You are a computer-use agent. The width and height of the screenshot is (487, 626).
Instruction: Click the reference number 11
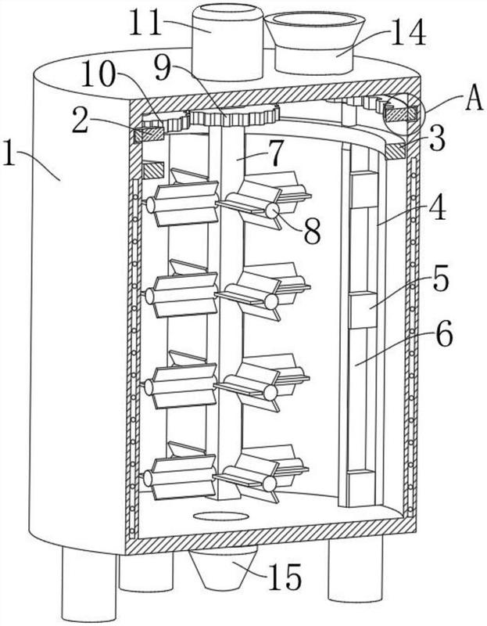(x=145, y=23)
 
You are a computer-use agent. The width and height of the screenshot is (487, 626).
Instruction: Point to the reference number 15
(x=285, y=577)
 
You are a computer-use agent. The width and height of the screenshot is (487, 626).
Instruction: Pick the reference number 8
(x=312, y=231)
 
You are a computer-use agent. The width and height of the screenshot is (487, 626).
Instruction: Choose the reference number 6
(x=443, y=334)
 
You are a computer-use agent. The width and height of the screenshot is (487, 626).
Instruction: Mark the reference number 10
(x=98, y=74)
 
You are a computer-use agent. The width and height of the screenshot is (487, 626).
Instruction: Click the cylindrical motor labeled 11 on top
(x=227, y=41)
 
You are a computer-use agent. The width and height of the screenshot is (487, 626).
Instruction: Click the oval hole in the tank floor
(x=221, y=516)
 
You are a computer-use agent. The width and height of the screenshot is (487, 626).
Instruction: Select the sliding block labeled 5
(x=363, y=311)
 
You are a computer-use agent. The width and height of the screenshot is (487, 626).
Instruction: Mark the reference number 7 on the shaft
(x=274, y=153)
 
